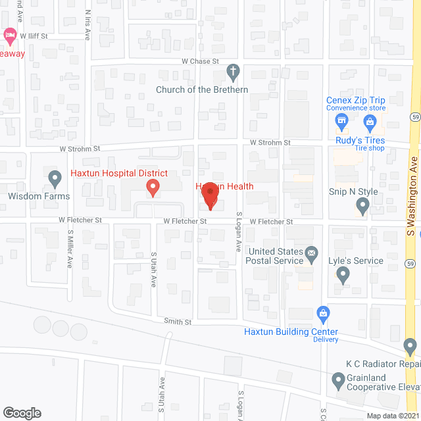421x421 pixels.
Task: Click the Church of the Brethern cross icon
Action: (x=233, y=70)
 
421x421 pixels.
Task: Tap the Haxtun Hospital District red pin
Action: (x=153, y=188)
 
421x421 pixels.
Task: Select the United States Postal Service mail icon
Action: (x=312, y=252)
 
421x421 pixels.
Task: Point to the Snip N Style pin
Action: (x=362, y=207)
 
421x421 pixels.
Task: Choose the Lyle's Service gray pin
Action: (x=342, y=275)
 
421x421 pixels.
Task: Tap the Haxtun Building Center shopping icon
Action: (x=323, y=313)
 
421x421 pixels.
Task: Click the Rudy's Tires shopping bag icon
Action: (x=370, y=121)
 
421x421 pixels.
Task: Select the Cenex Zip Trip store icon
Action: (x=341, y=121)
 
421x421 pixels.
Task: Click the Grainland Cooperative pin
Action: (x=338, y=380)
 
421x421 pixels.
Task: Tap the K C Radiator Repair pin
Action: (x=410, y=345)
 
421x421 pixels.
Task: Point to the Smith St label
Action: (x=178, y=322)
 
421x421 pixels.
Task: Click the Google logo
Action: (x=22, y=412)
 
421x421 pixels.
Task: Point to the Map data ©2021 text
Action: (x=391, y=416)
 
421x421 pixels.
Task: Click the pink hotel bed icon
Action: (x=10, y=34)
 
